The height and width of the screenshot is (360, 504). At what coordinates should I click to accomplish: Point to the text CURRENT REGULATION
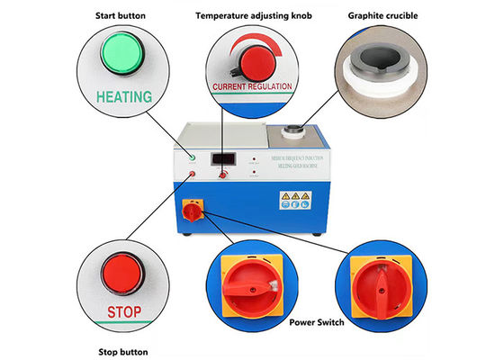pyautogui.click(x=253, y=88)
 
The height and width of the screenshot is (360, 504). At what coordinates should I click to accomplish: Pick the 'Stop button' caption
pyautogui.click(x=120, y=351)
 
